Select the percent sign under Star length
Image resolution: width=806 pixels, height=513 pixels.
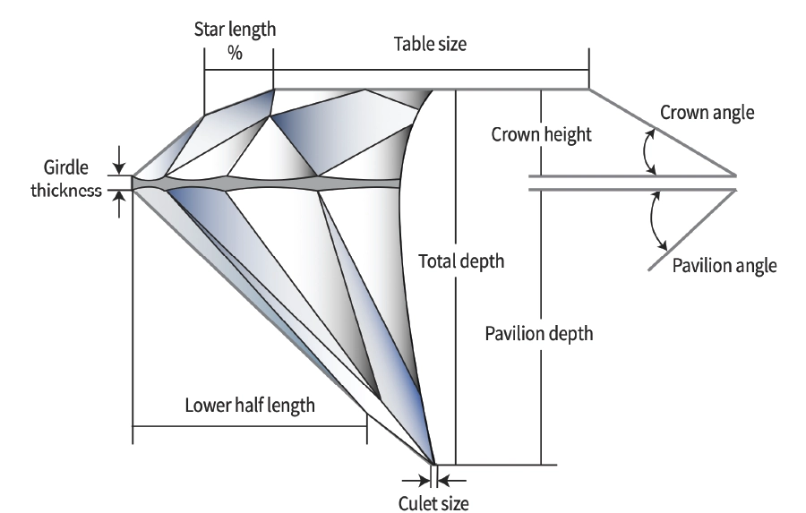[x=235, y=54]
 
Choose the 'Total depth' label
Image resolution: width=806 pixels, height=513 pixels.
[x=461, y=262]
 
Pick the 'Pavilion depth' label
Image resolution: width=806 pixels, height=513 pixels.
[x=539, y=334]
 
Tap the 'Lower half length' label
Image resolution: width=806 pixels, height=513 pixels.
[x=250, y=404]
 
